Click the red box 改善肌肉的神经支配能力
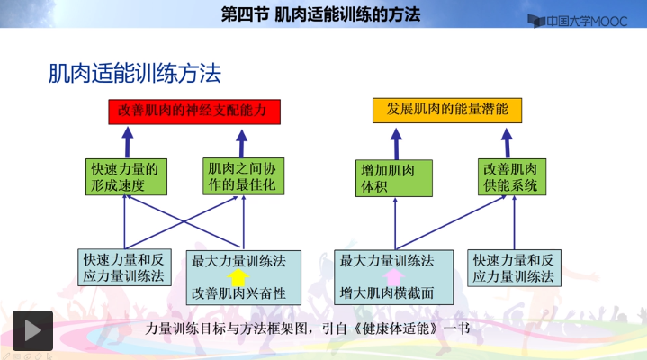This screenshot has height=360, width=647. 193,111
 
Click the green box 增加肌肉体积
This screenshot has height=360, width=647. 394,177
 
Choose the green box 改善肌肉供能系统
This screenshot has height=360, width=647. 510,177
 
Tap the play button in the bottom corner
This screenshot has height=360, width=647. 31,330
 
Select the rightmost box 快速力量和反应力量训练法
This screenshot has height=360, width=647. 513,268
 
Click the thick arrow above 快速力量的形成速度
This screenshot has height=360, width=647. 127,141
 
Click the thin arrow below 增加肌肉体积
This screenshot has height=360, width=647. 394,220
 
